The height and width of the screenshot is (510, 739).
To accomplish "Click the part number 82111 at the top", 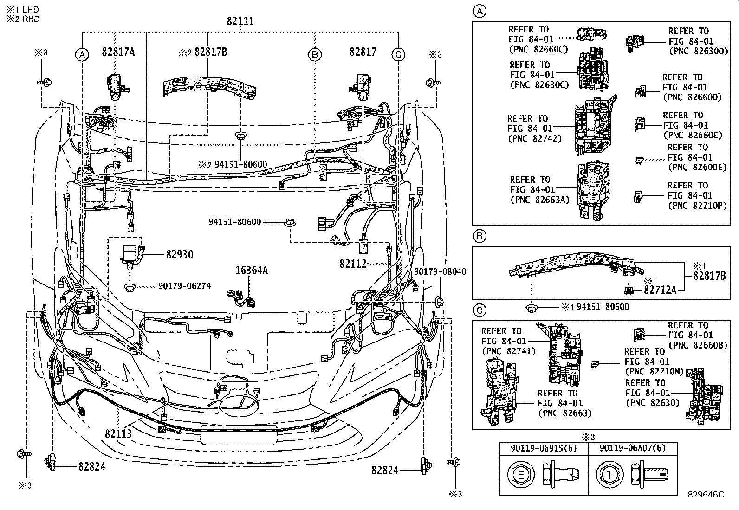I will coord(240,21).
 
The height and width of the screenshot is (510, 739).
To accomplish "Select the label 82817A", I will coord(118,52).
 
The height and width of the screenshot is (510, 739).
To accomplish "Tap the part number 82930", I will coord(179,255).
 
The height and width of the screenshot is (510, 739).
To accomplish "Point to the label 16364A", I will coord(251,271).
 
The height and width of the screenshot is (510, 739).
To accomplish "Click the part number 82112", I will coord(353,264).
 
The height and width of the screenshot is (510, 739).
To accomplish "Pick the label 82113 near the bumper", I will coord(118,434).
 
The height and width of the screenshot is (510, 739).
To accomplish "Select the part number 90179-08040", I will coord(440,272).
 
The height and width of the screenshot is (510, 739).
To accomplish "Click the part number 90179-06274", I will coord(184,286).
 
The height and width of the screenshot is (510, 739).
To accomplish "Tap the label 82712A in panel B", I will coord(660,290).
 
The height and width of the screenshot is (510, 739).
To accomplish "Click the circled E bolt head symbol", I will coord(520,474).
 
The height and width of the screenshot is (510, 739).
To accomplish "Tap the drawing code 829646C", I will coord(706,495).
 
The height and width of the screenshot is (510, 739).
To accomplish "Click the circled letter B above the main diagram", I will coord(315,55).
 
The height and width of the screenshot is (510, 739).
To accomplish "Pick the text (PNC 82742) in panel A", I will coord(535,138).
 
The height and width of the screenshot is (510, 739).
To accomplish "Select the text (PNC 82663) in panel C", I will coord(565,413).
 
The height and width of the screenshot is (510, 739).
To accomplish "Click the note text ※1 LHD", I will coord(23,9).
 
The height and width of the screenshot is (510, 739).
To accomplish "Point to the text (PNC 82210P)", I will coord(697,206).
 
